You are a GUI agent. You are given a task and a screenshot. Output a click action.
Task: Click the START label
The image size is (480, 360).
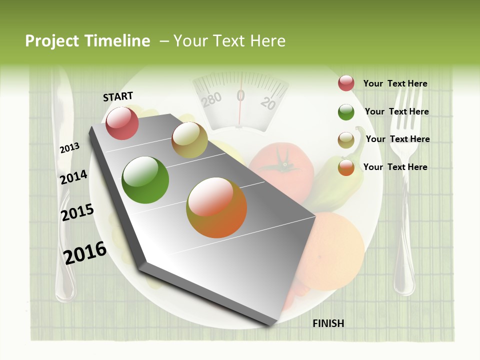[118, 96]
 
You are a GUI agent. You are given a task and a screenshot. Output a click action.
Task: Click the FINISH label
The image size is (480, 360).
[328, 323]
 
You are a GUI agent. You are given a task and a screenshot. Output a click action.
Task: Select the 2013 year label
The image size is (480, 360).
[69, 147]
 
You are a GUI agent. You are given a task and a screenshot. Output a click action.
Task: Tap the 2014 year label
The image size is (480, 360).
[73, 177]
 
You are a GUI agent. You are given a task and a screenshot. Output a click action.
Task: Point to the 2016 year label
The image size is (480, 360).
[85, 252]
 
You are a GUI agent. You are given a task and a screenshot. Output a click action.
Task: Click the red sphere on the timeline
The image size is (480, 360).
[122, 123]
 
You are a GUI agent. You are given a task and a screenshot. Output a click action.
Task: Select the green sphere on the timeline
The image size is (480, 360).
[145, 180]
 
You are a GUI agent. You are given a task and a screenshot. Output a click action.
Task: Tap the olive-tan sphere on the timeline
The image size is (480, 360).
[189, 140]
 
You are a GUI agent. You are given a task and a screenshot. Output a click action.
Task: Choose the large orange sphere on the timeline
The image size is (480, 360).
[216, 207]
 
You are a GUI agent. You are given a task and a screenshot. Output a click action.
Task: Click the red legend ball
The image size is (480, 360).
[346, 83]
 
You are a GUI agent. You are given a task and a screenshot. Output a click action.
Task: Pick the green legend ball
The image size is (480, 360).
[346, 112]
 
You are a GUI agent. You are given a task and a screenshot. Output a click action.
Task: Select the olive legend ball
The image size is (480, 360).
[346, 140]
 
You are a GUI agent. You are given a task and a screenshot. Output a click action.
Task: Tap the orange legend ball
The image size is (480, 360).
[346, 167]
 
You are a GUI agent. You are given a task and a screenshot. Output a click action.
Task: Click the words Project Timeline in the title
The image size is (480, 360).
[87, 41]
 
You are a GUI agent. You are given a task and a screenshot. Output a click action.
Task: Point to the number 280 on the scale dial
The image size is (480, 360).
[211, 99]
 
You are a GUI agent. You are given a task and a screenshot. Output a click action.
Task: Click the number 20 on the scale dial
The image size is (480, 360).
[268, 103]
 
